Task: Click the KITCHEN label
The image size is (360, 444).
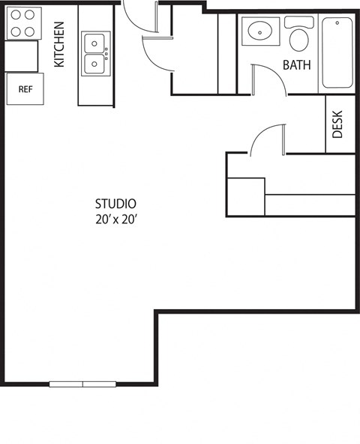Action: pos(59,44)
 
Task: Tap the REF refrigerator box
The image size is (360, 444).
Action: pos(25,88)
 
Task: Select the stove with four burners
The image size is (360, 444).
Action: pos(22,22)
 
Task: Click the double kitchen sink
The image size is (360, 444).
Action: pos(95,53)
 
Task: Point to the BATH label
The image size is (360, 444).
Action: pos(296,65)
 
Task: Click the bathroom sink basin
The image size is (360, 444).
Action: pos(260,31)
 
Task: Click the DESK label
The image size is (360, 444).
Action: pos(337,124)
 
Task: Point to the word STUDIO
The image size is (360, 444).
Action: pos(115,203)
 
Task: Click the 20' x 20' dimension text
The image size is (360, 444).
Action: pos(115,220)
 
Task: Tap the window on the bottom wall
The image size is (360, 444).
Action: pos(82,384)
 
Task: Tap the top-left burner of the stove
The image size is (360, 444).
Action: pos(15,15)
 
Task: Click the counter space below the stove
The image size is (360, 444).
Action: pos(21,55)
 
